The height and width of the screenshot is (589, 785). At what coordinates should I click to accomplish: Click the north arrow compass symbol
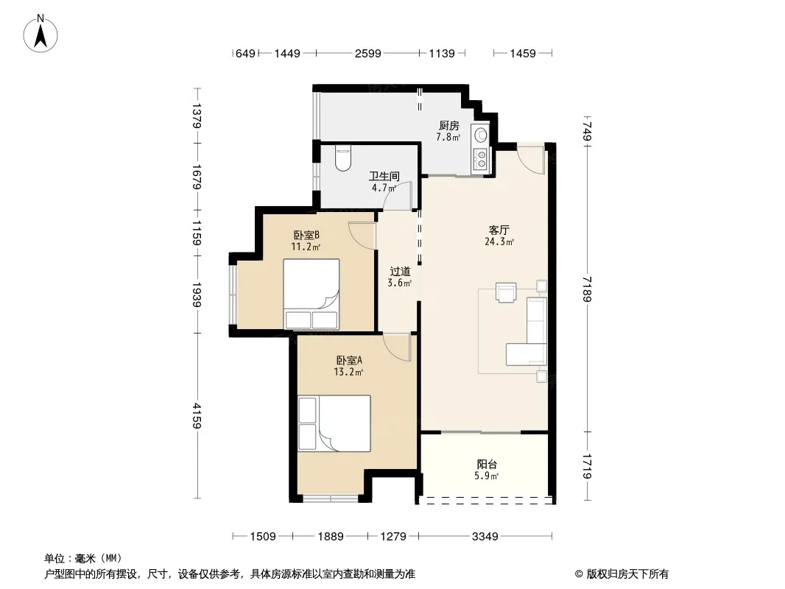pos(41,34)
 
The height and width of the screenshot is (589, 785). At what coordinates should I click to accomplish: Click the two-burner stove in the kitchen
pos(481,158)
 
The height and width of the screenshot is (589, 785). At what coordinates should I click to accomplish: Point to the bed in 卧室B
pos(311,294)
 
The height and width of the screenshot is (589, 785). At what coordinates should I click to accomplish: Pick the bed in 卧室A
pos(334,423)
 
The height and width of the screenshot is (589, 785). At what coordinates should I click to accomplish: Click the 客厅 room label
pos(499,230)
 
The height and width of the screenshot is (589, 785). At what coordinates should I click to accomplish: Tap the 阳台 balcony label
pos(487,465)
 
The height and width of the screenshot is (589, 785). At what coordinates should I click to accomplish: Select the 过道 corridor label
pos(400,271)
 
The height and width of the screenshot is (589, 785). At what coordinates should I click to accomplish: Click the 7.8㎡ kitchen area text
pos(448,137)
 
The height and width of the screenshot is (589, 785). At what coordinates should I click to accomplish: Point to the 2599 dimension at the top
pos(368,53)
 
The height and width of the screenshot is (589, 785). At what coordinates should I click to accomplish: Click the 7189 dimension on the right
pos(587,289)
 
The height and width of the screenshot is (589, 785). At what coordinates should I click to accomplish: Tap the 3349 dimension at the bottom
pos(485,537)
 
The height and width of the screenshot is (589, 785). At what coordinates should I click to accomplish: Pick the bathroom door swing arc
pos(397,194)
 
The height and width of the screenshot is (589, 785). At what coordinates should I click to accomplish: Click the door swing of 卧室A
pos(396,348)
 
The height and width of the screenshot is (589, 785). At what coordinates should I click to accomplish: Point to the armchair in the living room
pos(506,292)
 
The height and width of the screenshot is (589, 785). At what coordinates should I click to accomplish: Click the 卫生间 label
pos(384,176)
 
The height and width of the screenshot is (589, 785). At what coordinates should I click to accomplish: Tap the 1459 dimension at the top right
pos(523,53)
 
